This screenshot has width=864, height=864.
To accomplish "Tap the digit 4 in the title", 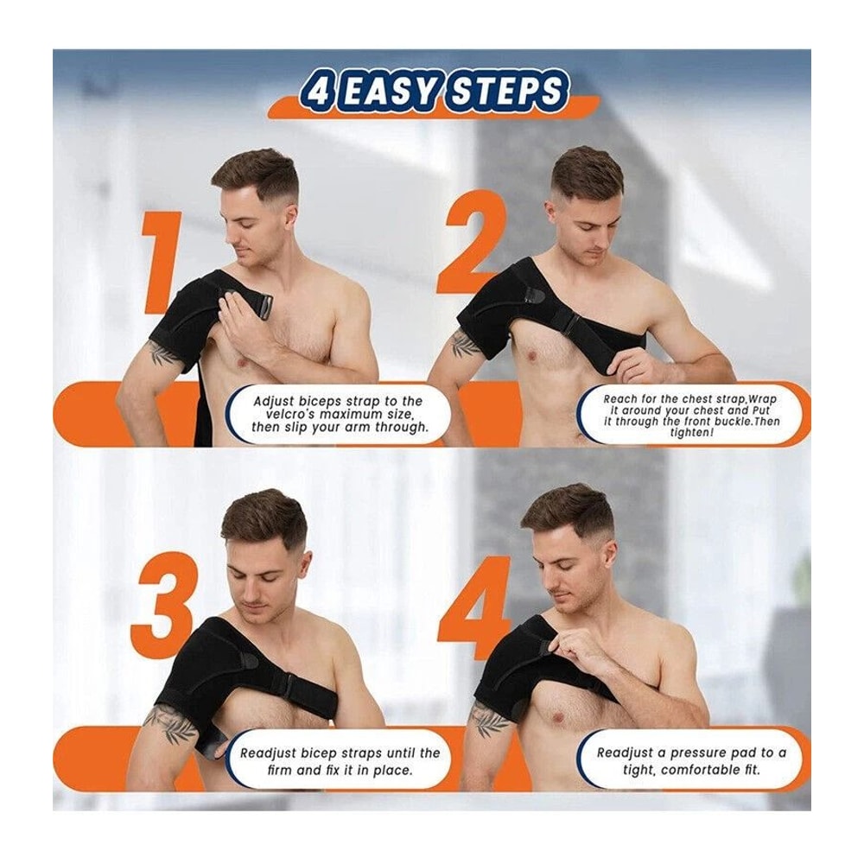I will [317, 92].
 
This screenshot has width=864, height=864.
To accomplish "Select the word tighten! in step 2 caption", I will [692, 432].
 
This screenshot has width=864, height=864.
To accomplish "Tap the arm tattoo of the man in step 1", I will [162, 353].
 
